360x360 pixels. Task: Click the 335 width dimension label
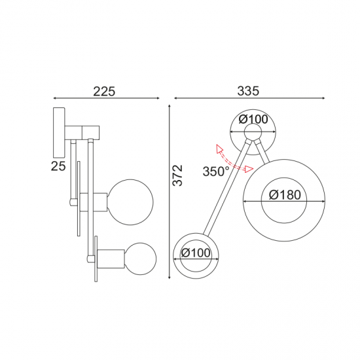point(248,90)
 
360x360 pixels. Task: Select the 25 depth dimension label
point(58,166)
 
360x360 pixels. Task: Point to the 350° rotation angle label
point(215,171)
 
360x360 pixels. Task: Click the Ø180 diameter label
point(283,194)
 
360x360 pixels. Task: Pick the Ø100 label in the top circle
point(253,119)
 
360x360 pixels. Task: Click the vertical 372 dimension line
point(169,190)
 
